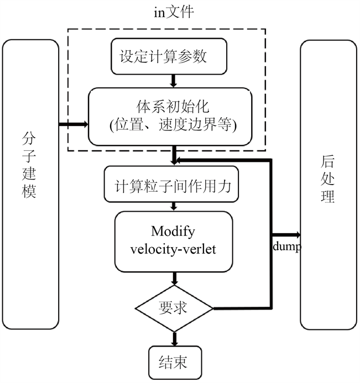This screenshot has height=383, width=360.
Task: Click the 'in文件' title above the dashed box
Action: (174, 12)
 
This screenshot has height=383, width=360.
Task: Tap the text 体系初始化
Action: (173, 106)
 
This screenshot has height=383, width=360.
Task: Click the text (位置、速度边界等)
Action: (173, 125)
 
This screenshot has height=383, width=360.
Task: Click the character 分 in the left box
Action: (30, 136)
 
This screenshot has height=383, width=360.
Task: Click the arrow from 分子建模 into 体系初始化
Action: (73, 125)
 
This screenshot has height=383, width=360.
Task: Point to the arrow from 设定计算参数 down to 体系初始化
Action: (174, 81)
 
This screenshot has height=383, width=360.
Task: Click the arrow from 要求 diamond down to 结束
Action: (175, 337)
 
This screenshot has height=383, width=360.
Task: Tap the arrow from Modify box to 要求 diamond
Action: (175, 278)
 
